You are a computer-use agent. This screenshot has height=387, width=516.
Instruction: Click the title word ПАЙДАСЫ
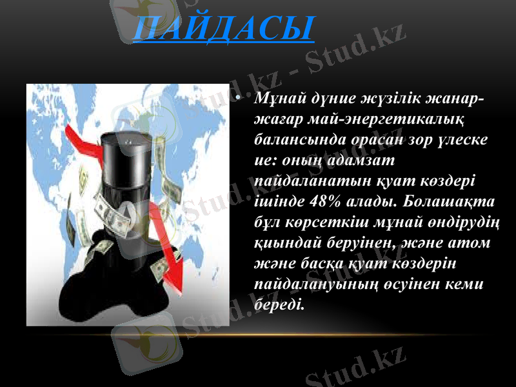point(223,29)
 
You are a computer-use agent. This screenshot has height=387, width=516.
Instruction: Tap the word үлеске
point(463,139)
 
